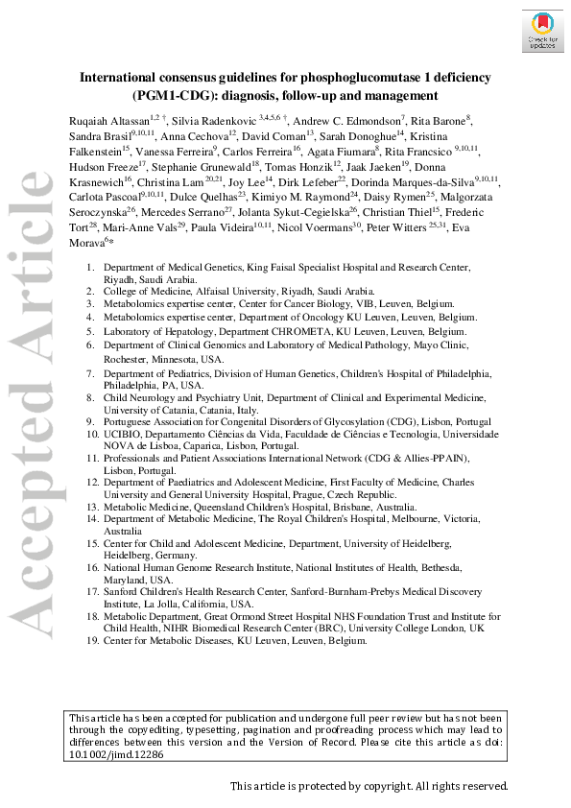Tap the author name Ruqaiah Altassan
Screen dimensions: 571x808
(x=107, y=118)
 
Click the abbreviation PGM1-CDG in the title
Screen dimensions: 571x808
(x=175, y=95)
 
